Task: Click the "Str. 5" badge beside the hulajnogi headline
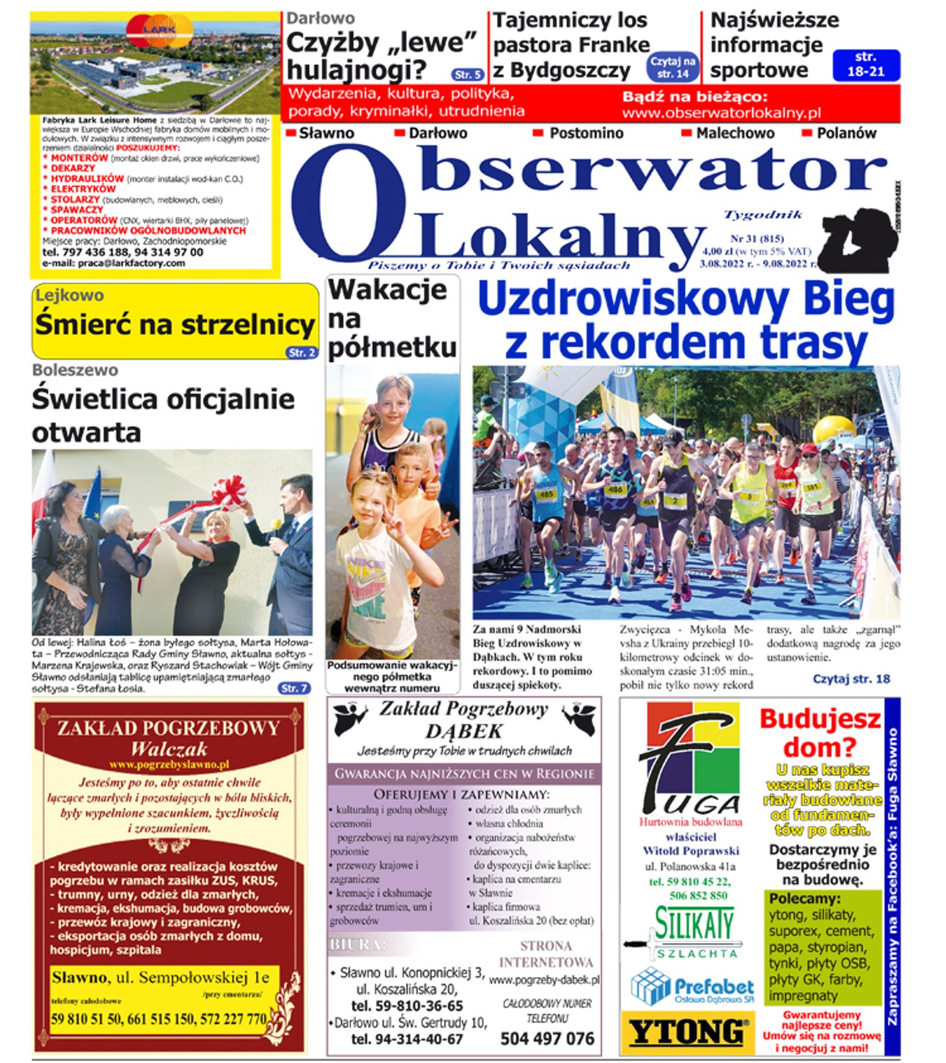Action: (x=467, y=75)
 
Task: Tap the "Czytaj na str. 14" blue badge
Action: (x=673, y=67)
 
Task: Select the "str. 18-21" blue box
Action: (x=866, y=65)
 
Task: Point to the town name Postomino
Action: (x=586, y=133)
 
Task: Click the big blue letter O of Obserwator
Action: (x=348, y=204)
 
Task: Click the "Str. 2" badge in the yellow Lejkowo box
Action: (x=302, y=352)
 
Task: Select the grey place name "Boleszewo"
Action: (x=75, y=370)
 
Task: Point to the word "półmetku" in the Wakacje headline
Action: (x=392, y=348)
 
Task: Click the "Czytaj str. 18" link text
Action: (x=851, y=679)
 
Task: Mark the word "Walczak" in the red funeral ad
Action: (x=169, y=749)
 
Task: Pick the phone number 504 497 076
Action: (x=547, y=1038)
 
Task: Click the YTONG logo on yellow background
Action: (x=687, y=1031)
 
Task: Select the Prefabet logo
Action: (x=692, y=986)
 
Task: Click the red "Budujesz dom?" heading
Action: (x=820, y=733)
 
